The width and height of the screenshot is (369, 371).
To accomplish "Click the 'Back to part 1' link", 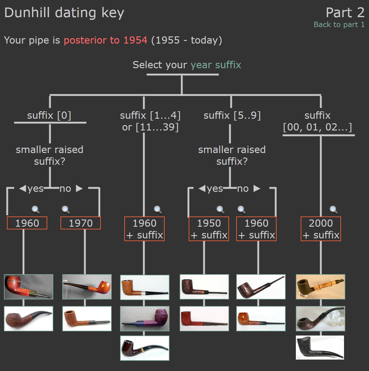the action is (x=339, y=25).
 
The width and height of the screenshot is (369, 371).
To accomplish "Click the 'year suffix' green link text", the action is (x=216, y=65).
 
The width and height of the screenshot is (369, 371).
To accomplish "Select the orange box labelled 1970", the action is (x=81, y=223).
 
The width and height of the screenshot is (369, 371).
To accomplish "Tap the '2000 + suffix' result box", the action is (x=321, y=229).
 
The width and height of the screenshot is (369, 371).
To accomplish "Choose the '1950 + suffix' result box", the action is (x=209, y=229).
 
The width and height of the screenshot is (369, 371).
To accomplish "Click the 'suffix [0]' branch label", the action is (x=49, y=115).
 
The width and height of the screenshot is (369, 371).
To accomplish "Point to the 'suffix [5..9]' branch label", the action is (x=232, y=115).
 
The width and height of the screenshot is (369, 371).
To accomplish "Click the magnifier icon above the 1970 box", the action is (x=66, y=210).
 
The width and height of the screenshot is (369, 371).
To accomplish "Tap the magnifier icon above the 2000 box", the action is (x=333, y=210).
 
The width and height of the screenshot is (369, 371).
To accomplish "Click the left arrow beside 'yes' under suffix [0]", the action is (x=23, y=189).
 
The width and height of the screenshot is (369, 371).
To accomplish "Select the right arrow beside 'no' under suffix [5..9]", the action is (x=257, y=189).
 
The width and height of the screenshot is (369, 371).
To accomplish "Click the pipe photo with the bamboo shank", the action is (x=321, y=287).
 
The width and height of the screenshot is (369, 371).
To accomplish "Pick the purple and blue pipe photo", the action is (x=144, y=319).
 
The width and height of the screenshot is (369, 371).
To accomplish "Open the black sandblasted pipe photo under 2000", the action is (x=320, y=348).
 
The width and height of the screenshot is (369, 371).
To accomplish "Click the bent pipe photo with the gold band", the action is (x=144, y=348).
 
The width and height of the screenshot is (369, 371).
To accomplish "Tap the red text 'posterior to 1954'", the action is (x=105, y=40).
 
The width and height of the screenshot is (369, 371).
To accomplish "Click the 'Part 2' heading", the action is (x=345, y=13).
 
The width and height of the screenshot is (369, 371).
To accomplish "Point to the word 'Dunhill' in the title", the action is (x=27, y=13).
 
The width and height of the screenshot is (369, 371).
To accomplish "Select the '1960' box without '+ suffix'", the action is (x=27, y=223).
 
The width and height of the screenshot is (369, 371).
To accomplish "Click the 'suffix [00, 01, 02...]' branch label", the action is (x=318, y=121).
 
